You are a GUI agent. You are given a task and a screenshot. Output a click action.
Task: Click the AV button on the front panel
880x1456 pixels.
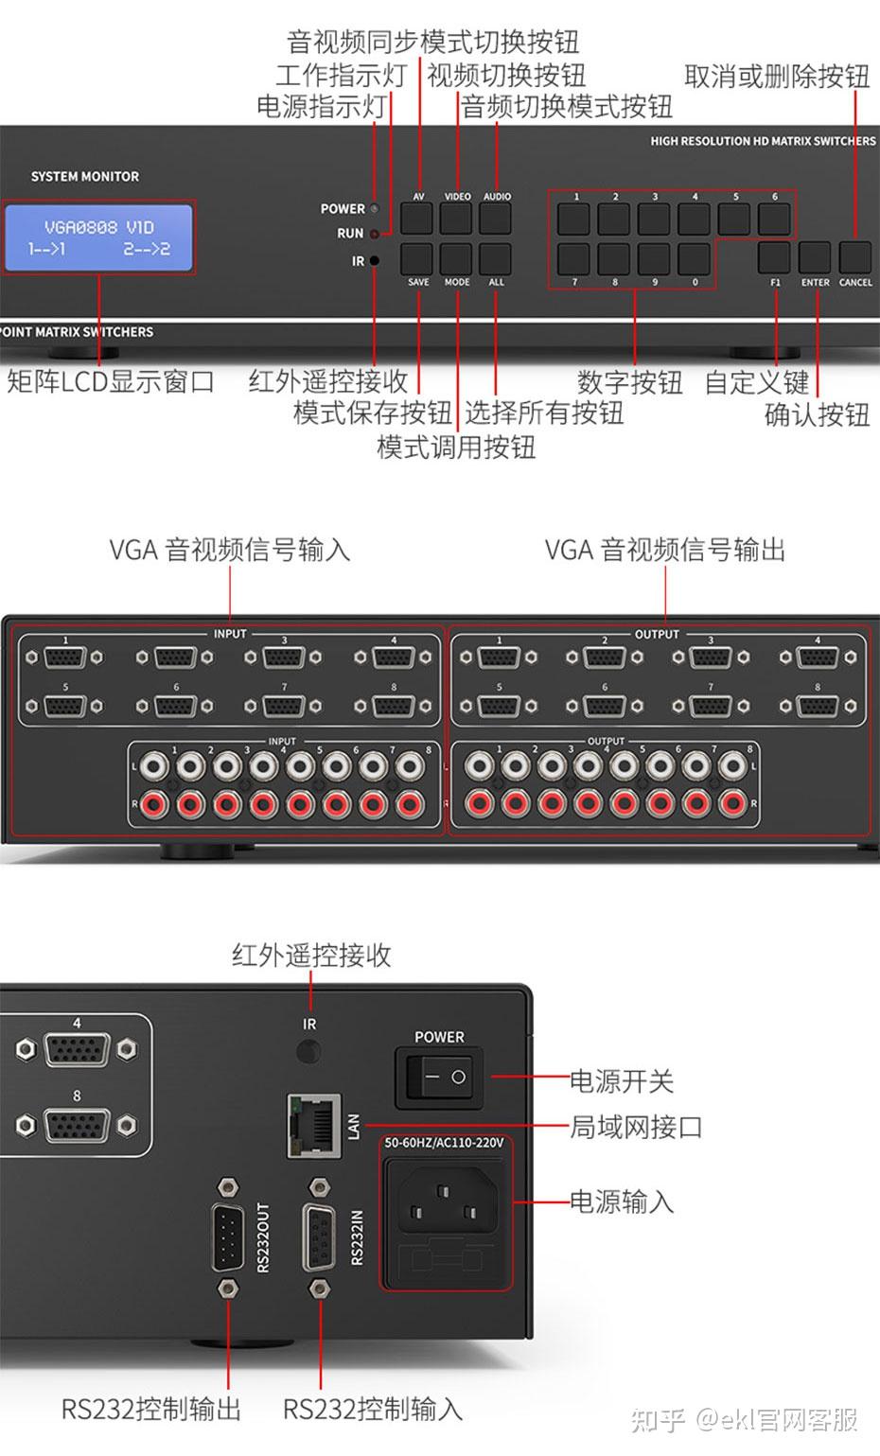(x=417, y=219)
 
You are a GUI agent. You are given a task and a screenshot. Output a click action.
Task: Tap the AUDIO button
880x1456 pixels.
(x=496, y=219)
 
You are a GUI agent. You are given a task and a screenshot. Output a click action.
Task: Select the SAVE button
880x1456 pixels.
(x=417, y=258)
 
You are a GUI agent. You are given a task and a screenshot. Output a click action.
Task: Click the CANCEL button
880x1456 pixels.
(x=854, y=258)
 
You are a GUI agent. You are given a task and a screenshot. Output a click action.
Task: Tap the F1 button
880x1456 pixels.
(x=774, y=258)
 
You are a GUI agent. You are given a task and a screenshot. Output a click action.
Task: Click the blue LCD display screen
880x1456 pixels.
(x=98, y=237)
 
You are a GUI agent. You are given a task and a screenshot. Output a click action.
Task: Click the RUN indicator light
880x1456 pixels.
(x=375, y=234)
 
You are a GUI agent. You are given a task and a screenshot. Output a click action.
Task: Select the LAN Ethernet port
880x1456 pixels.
(x=314, y=1126)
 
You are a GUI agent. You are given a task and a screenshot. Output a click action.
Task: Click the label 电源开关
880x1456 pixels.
(x=622, y=1080)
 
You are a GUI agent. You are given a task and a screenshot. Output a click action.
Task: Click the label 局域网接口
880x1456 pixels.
(x=636, y=1127)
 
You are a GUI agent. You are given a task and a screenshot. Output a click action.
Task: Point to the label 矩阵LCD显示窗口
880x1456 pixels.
(x=111, y=382)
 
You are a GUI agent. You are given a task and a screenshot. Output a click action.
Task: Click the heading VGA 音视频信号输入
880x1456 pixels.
(x=230, y=550)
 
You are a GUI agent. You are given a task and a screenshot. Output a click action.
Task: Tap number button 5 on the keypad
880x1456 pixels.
(x=734, y=219)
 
